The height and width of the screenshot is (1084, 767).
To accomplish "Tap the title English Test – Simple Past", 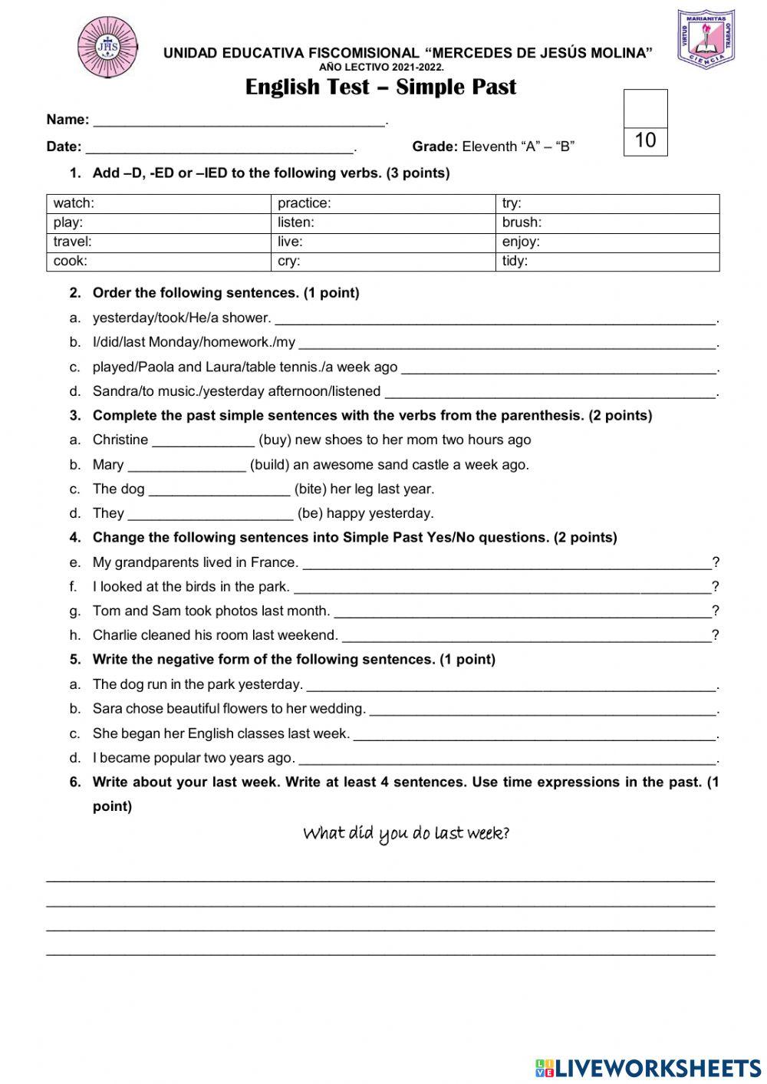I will [380, 87].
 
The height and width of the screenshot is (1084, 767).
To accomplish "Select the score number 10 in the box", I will [646, 140].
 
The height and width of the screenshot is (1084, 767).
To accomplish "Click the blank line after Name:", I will [238, 120].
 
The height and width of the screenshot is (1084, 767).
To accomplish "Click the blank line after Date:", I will [219, 147].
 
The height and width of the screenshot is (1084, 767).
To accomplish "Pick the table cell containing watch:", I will [159, 203].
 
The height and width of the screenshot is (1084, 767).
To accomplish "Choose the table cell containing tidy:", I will [607, 262].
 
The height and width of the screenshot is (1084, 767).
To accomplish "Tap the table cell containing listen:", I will [383, 222].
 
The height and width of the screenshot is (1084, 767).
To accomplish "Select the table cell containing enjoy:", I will [607, 242].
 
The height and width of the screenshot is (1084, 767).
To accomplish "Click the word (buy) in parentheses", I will [275, 440].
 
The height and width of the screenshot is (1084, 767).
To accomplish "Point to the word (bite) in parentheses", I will [311, 489].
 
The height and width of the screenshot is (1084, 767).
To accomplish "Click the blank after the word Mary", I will [186, 466].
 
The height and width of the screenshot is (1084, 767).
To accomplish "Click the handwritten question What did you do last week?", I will [406, 834].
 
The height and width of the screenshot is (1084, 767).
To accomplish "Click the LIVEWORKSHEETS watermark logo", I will [648, 1068].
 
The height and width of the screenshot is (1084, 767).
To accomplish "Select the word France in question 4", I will [274, 563].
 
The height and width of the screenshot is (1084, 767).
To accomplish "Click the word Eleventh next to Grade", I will [489, 147].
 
